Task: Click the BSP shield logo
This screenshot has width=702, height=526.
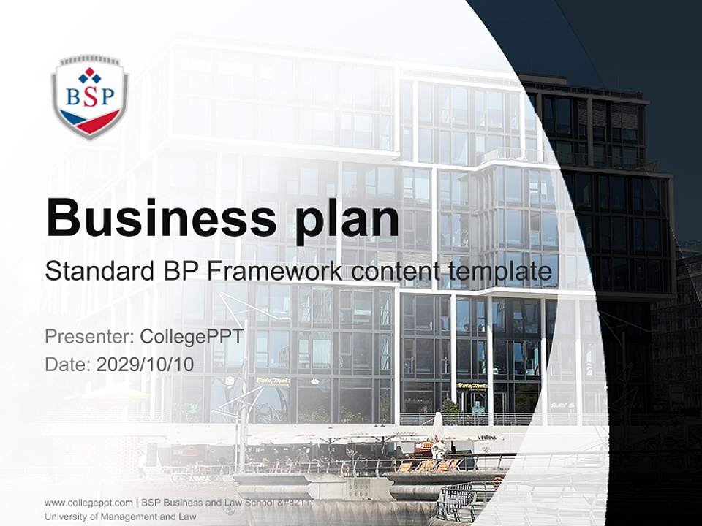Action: tap(90, 97)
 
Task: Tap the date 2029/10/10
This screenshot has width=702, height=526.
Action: tap(146, 364)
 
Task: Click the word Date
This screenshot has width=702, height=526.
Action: tap(66, 364)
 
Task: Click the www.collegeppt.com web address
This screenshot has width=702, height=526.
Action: tap(88, 503)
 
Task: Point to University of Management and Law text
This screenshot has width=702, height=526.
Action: tap(120, 517)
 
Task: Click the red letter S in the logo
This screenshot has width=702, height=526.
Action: tap(90, 97)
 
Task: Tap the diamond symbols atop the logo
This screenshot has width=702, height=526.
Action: tap(90, 75)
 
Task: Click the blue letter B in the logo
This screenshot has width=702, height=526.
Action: tap(73, 97)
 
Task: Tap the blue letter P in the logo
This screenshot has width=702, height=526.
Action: tap(107, 97)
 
